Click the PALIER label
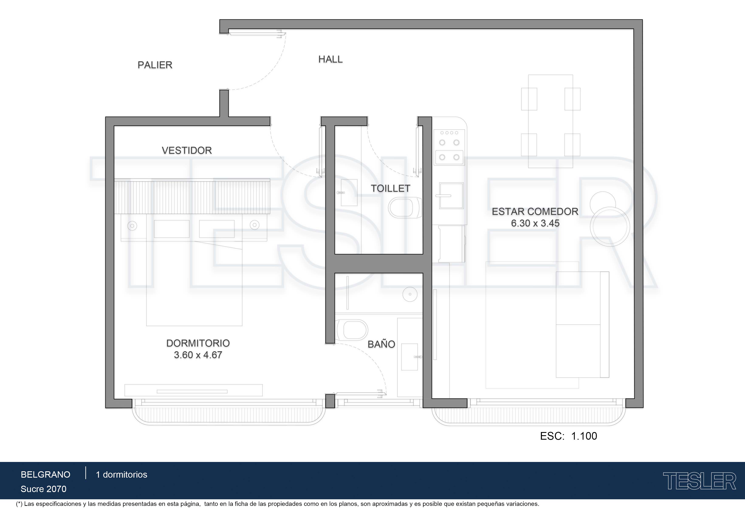(x=155, y=65)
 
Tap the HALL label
(x=330, y=59)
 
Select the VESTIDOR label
(x=187, y=150)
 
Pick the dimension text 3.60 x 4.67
(x=198, y=355)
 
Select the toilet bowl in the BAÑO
(x=352, y=330)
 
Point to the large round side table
(x=610, y=227)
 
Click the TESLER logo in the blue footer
(x=699, y=481)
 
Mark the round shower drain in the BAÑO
(x=410, y=294)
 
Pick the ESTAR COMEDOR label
(x=535, y=212)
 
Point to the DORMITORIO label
(x=198, y=343)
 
